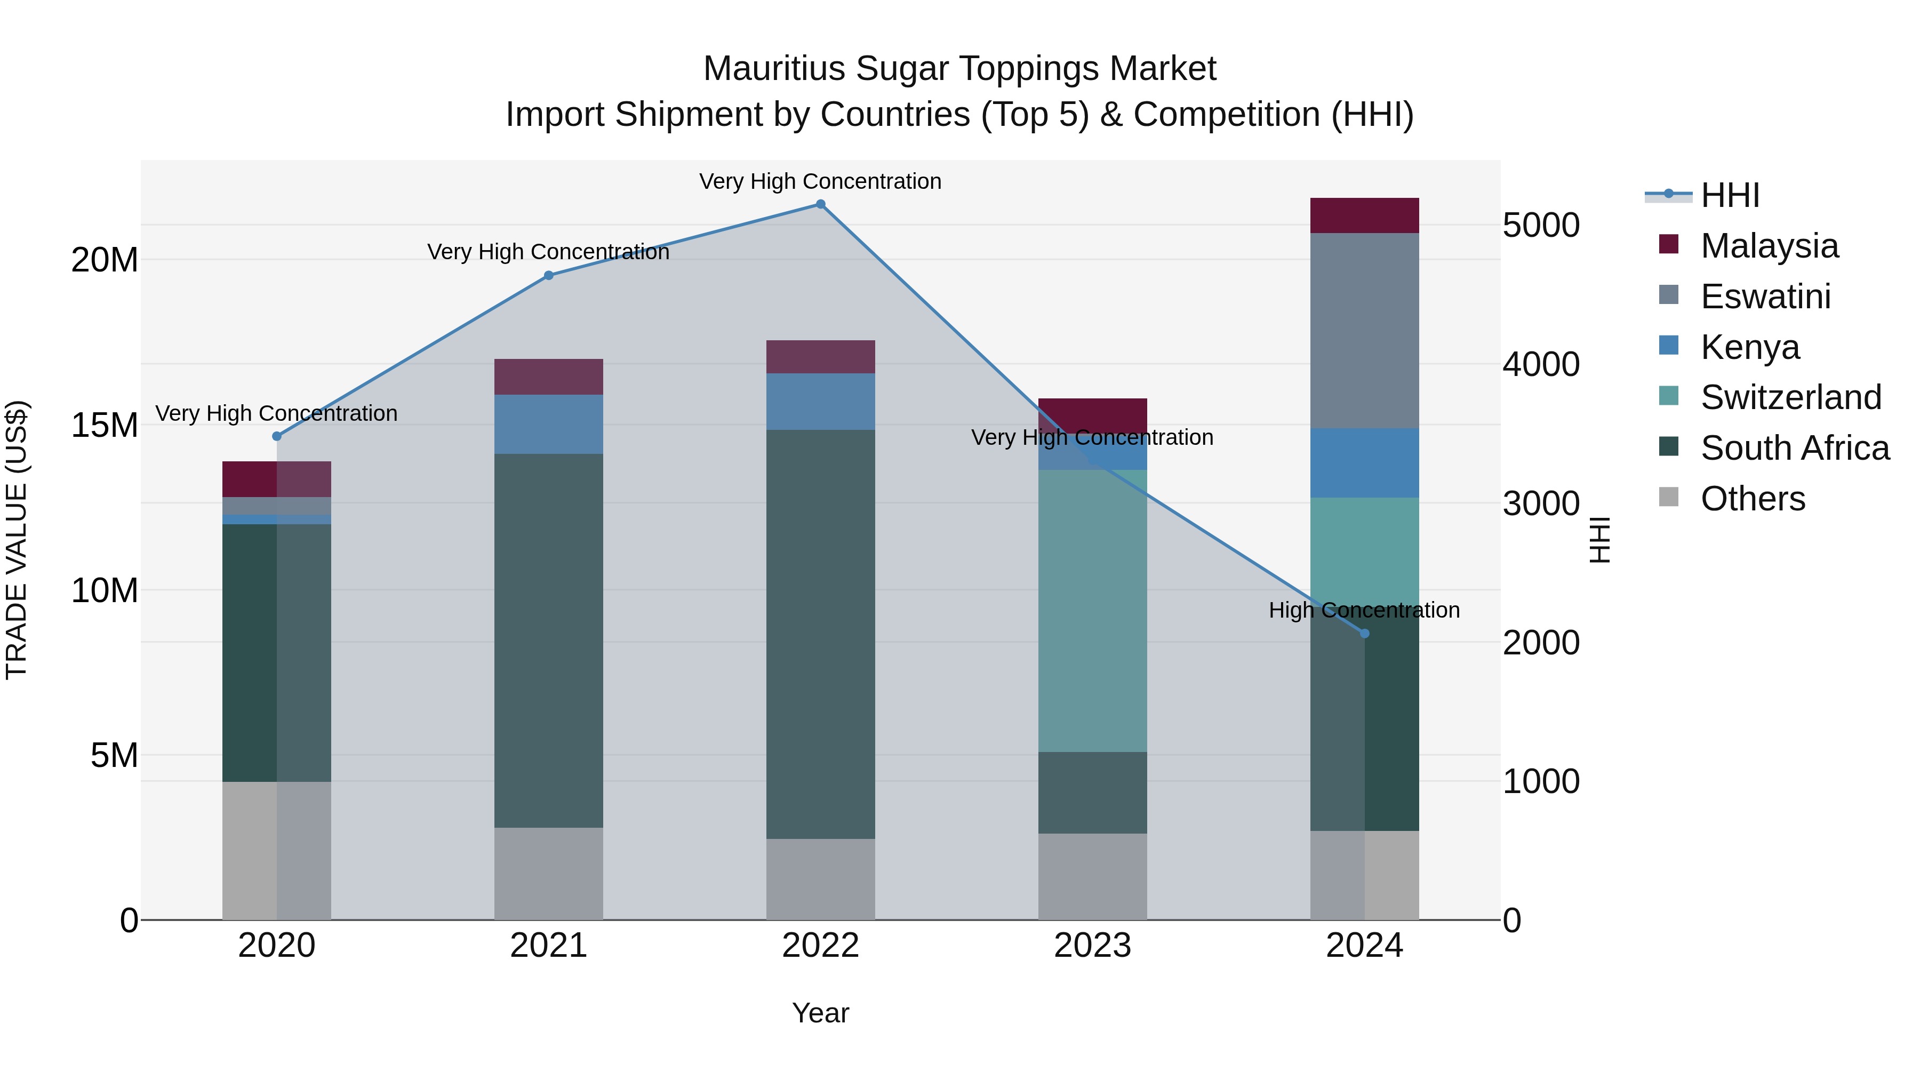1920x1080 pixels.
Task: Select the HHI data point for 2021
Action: click(x=549, y=276)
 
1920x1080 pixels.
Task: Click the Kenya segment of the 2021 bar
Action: click(x=549, y=424)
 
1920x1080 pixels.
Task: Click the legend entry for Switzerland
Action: click(x=1790, y=397)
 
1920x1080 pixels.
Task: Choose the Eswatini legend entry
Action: click(x=1765, y=297)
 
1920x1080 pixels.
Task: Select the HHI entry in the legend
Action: click(x=1729, y=195)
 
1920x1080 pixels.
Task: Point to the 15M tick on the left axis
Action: click(x=105, y=426)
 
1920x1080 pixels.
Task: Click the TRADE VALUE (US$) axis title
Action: click(x=17, y=540)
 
